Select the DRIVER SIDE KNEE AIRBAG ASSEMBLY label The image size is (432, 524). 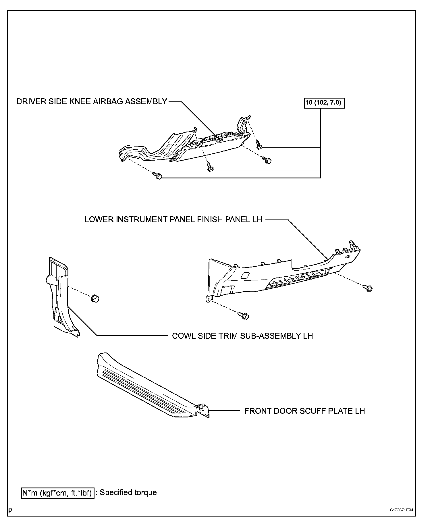point(92,102)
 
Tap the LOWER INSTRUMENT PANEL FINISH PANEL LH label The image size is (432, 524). point(173,219)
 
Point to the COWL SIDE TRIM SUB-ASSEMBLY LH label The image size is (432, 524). point(242,336)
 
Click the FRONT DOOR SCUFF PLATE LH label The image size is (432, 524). point(304,411)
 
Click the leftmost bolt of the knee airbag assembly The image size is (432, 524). point(157,176)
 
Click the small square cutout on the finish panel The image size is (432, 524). point(246,275)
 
